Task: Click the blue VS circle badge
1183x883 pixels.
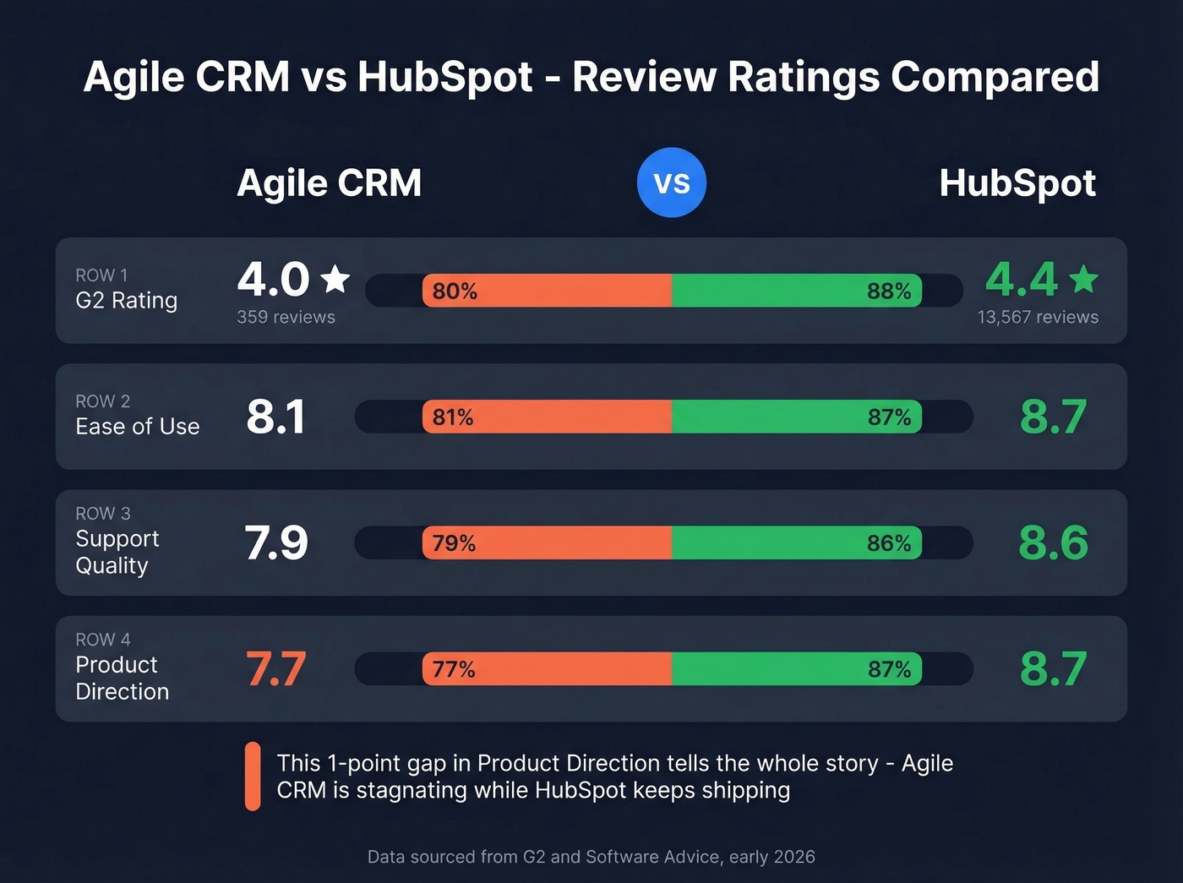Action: click(x=672, y=183)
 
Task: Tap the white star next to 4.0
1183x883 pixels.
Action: click(x=335, y=279)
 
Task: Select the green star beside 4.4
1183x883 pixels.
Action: click(x=1083, y=279)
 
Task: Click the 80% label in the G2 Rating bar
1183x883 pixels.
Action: click(x=455, y=292)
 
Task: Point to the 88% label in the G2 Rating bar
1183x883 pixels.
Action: click(x=889, y=292)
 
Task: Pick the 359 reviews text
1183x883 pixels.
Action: click(x=286, y=317)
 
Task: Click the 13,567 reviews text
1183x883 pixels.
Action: click(x=1038, y=317)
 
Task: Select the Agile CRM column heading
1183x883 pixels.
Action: click(x=329, y=183)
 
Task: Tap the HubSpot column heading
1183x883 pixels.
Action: click(x=1017, y=183)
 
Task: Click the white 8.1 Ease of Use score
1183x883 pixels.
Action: click(x=275, y=417)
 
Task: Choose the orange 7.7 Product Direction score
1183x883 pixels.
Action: click(x=275, y=669)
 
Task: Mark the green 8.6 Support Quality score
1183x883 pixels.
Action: click(x=1053, y=542)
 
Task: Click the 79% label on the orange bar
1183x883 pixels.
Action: click(x=454, y=543)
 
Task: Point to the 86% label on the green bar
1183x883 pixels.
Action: click(x=889, y=543)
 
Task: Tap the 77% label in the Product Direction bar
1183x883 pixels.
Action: click(x=454, y=669)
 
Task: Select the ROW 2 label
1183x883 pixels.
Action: click(x=102, y=401)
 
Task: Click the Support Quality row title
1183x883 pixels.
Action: click(x=117, y=552)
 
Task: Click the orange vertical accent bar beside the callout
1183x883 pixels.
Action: click(x=253, y=777)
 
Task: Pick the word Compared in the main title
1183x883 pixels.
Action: click(x=995, y=77)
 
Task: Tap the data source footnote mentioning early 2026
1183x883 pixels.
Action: click(x=591, y=857)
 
